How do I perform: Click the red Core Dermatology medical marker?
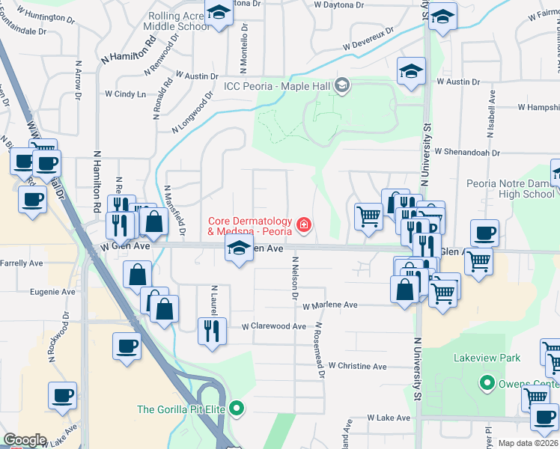pyautogui.click(x=303, y=224)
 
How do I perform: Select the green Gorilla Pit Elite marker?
pyautogui.click(x=237, y=409)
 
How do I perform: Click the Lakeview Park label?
pyautogui.click(x=487, y=358)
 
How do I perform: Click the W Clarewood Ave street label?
pyautogui.click(x=274, y=326)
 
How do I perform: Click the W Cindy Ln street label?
pyautogui.click(x=125, y=94)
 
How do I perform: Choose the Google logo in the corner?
pyautogui.click(x=25, y=440)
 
